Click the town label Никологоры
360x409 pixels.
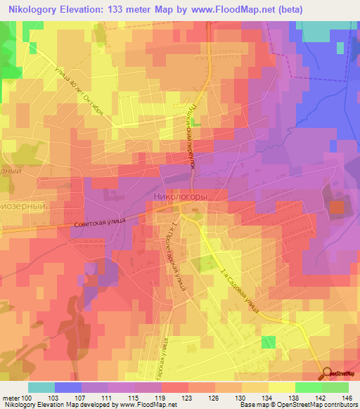[x=180, y=198]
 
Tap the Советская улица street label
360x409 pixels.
[x=99, y=223]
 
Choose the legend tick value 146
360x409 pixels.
[x=347, y=398]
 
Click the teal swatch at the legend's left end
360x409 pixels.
[x=41, y=387]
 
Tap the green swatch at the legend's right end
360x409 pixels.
[x=335, y=387]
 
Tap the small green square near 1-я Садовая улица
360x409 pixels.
[x=269, y=342]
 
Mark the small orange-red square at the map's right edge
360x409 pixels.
[x=337, y=207]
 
